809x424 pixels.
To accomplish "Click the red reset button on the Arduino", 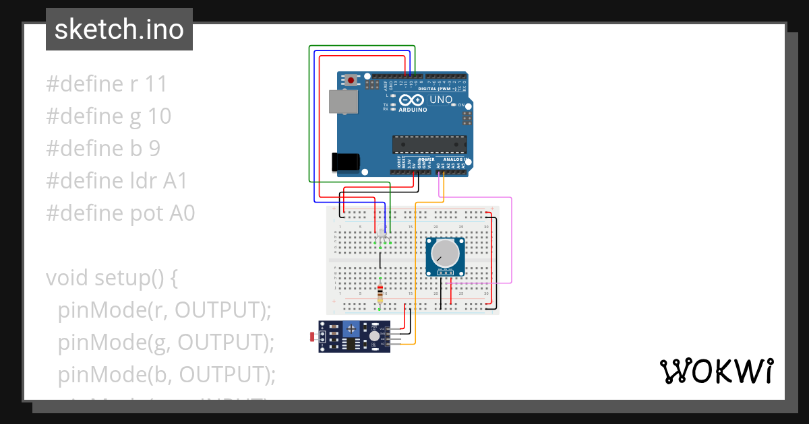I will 351,80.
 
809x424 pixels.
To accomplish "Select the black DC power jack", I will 345,162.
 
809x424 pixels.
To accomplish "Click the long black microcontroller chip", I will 429,143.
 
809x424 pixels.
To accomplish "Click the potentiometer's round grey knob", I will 445,254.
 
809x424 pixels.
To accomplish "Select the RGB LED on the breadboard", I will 382,235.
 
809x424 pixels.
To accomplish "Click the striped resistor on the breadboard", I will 381,292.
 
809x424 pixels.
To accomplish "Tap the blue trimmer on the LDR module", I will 351,328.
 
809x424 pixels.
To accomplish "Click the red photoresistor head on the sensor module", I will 312,335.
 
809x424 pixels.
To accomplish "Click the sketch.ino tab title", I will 119,30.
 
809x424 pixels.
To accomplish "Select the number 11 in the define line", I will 156,84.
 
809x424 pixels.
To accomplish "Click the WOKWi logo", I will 716,371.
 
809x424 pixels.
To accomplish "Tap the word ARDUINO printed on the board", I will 413,110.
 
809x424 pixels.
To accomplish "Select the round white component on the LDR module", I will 375,335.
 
